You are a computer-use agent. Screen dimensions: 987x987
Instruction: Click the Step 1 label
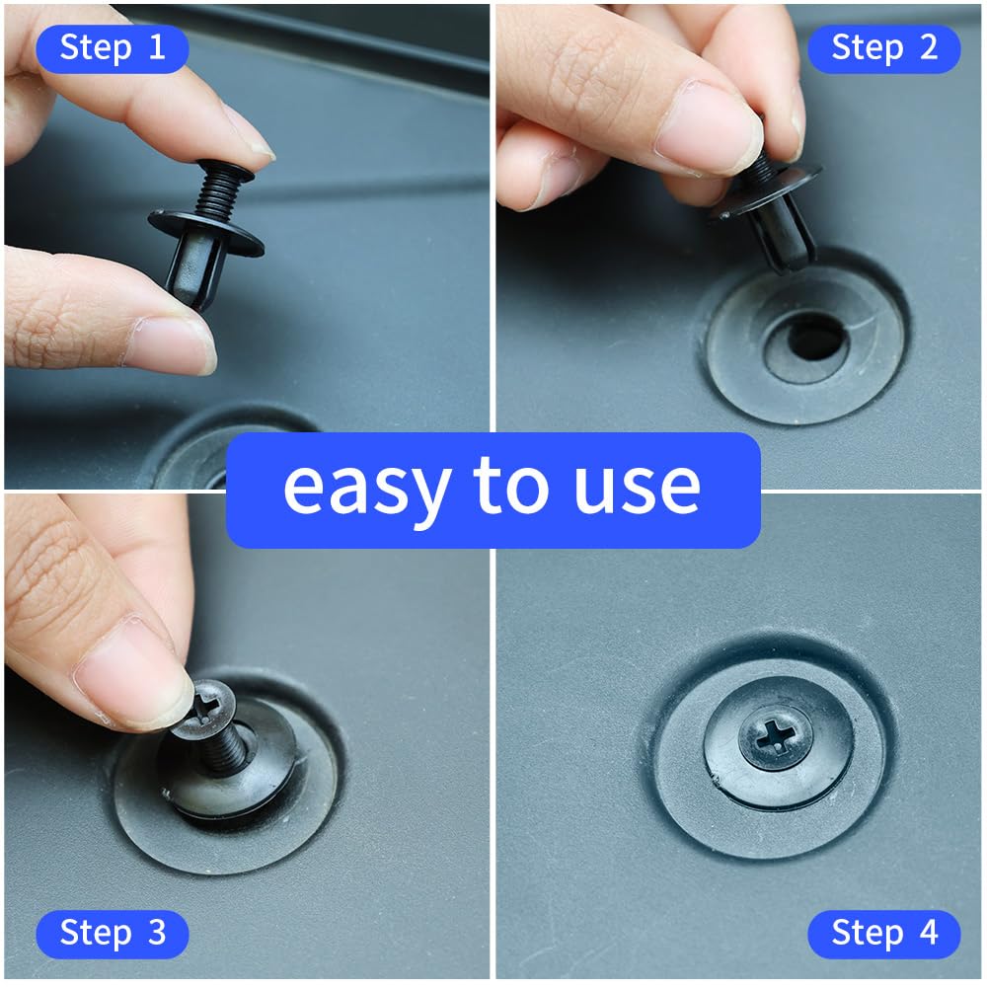[112, 47]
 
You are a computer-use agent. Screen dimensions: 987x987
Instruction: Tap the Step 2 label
[883, 47]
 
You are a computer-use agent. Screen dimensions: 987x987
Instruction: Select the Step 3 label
[112, 933]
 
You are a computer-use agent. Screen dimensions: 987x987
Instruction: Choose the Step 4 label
[883, 933]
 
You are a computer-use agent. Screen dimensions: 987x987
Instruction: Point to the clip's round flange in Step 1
[207, 230]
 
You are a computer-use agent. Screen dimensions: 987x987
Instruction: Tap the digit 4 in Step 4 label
[926, 933]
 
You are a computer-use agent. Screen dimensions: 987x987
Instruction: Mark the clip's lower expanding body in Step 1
[193, 271]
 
